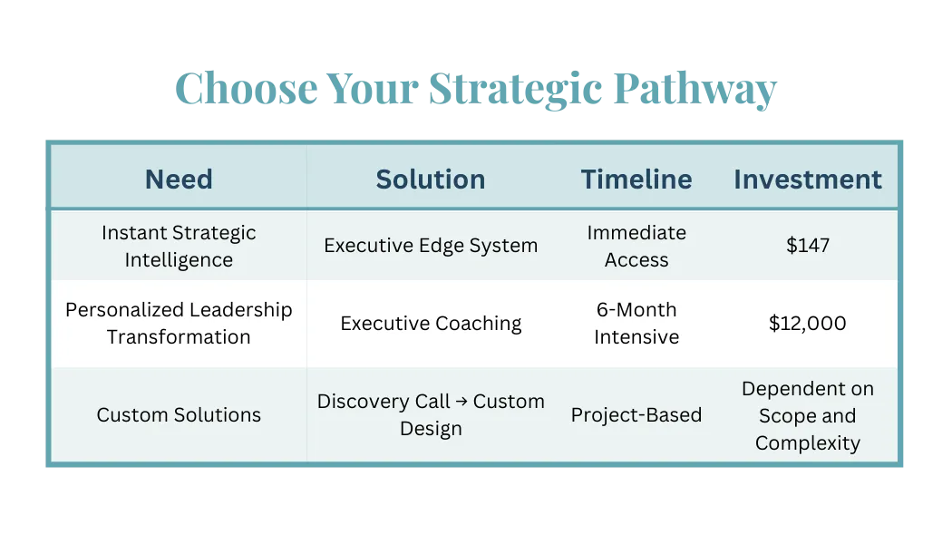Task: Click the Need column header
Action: [179, 179]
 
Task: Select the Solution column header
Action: [431, 179]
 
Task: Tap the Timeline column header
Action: [636, 179]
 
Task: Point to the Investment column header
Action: [807, 179]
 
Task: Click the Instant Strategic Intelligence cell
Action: [179, 246]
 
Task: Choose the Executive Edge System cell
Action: [431, 246]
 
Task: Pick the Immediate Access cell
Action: [636, 246]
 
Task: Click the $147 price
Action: [807, 246]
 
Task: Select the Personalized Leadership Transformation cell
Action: [179, 323]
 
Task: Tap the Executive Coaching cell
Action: [431, 324]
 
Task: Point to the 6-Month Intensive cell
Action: [636, 323]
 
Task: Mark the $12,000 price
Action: [807, 324]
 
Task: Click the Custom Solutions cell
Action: [179, 415]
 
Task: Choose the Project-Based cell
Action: [636, 415]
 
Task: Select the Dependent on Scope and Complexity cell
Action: [807, 415]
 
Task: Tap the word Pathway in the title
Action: [695, 91]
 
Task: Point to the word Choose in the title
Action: [246, 91]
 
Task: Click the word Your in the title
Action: [372, 91]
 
